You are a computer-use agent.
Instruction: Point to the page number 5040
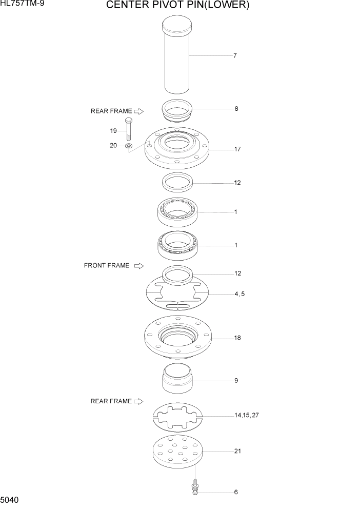[11, 499]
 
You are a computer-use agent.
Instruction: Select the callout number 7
[235, 55]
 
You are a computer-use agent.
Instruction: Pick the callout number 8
[236, 109]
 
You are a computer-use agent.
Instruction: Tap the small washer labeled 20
[128, 146]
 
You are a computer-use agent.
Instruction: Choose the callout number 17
[237, 149]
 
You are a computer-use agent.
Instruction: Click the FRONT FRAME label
[107, 266]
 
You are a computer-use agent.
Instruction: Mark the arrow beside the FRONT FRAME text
[138, 266]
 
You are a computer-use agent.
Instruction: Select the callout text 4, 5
[240, 294]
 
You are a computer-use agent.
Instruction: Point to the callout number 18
[237, 338]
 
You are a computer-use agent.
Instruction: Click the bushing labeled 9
[177, 378]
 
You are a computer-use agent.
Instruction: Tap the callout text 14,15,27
[247, 415]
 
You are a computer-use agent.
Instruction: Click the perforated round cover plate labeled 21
[177, 451]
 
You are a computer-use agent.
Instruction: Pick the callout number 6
[236, 492]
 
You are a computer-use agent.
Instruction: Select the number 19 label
[113, 130]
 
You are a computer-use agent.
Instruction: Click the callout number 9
[236, 381]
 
